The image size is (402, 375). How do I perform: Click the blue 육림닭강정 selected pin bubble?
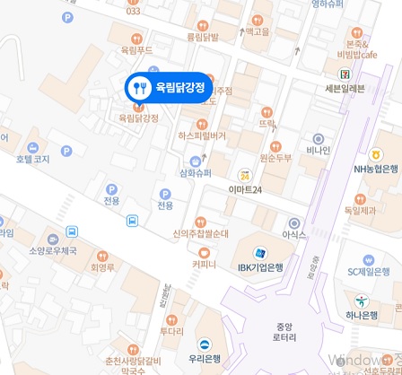170,88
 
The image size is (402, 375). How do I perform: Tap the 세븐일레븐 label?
345,88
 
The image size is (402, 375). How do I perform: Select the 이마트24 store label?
245,189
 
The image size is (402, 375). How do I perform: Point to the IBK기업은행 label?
260,266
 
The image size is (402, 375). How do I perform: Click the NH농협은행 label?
376,168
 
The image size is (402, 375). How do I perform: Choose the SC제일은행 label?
368,271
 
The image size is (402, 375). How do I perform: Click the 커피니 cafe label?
204,265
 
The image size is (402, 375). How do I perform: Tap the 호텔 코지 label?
32,158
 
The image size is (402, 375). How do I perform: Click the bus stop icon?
132,221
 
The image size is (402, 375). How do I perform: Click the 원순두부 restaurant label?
275,158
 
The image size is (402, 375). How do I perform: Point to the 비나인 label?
318,150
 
